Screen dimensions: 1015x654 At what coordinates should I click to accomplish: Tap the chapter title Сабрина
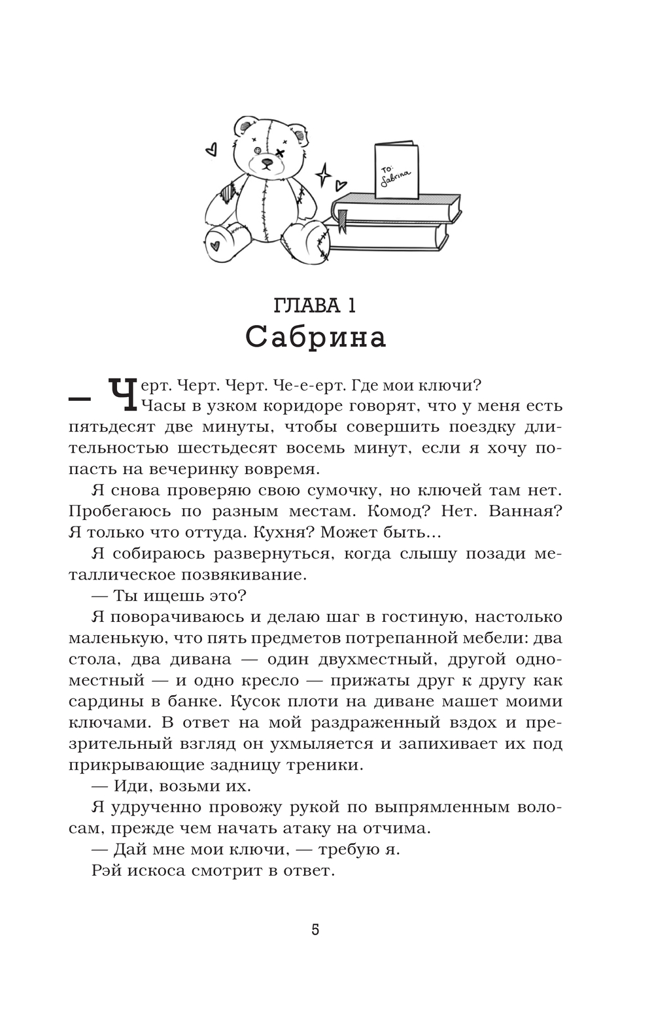click(x=316, y=337)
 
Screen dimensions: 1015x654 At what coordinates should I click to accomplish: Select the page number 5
click(x=315, y=929)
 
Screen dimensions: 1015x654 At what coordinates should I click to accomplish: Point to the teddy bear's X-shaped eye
click(x=279, y=153)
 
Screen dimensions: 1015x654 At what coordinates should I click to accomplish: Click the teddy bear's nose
click(x=266, y=161)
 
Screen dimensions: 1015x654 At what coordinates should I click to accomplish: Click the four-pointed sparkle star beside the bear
click(x=323, y=175)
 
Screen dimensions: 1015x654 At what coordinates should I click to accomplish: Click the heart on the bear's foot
click(x=215, y=247)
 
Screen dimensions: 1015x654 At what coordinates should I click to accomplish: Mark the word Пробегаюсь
click(x=120, y=511)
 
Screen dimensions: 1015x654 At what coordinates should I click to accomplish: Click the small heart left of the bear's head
click(x=211, y=150)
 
